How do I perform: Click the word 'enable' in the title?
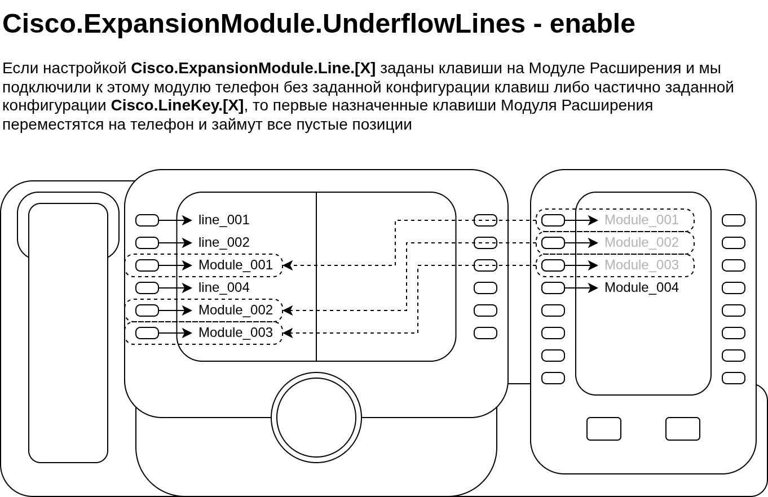pos(592,24)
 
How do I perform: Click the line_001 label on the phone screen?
pos(223,220)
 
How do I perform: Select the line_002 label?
pos(223,242)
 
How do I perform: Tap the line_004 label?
pos(223,287)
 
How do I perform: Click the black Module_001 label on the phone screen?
pos(235,265)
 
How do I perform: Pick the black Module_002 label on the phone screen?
pos(235,310)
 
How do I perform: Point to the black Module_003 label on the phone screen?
pos(235,332)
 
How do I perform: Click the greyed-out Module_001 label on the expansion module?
pos(641,220)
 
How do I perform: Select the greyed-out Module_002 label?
pos(641,242)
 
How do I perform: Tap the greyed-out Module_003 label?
pos(641,265)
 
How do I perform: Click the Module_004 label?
pos(641,287)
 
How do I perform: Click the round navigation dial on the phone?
pos(316,418)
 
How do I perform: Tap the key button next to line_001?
pos(147,220)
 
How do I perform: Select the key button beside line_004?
pos(147,288)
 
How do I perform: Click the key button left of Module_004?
pos(553,288)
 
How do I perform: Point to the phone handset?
pos(68,332)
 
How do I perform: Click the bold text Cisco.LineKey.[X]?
pos(177,105)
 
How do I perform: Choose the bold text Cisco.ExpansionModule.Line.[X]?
pos(253,68)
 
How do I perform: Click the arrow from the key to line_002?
pos(175,243)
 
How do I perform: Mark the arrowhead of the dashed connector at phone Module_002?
pos(286,310)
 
